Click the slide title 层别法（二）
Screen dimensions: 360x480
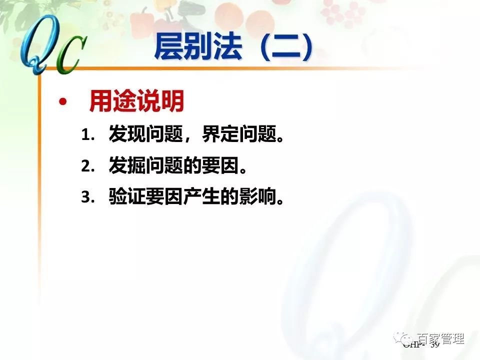tap(234, 47)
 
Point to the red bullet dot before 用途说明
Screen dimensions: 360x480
tap(62, 102)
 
